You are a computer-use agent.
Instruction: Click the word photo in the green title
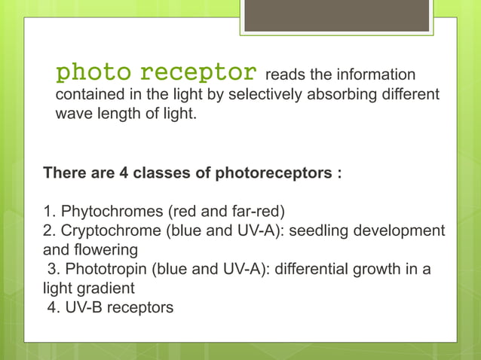(x=94, y=73)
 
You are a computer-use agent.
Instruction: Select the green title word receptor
(x=198, y=73)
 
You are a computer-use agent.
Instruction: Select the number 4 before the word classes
(x=124, y=173)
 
